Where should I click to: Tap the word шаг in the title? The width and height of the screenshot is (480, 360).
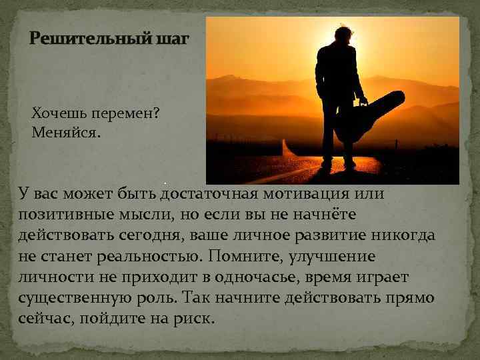pyautogui.click(x=172, y=39)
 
